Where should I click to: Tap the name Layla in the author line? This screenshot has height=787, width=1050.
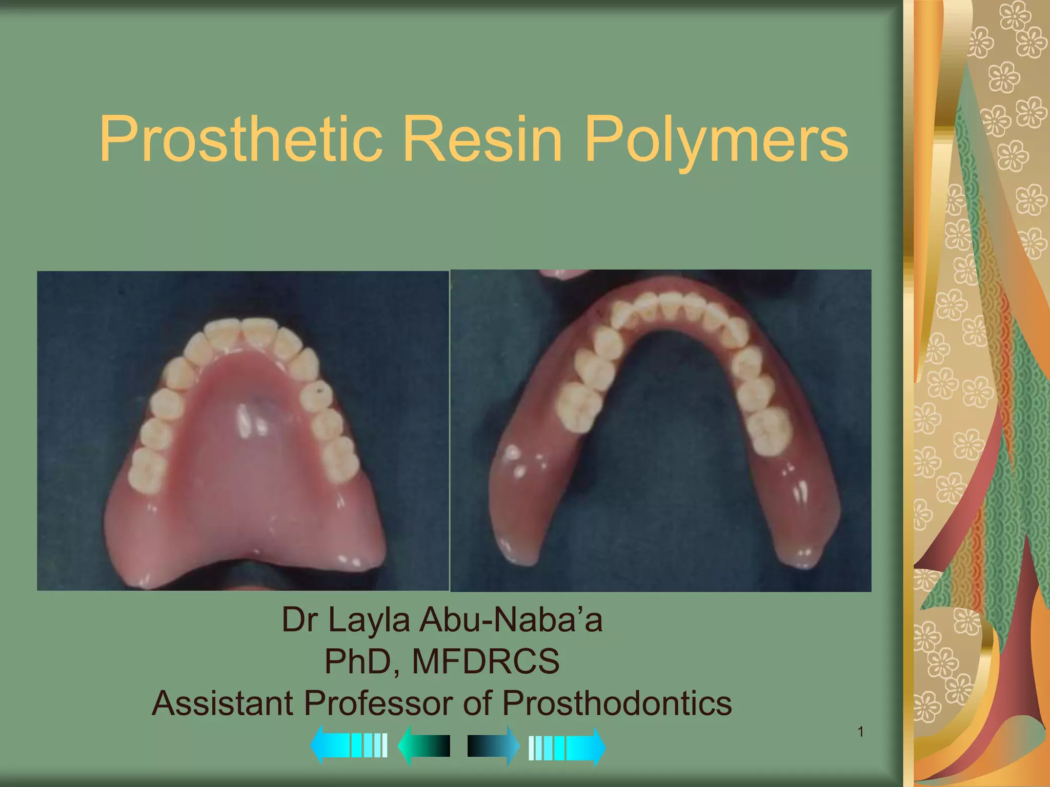point(369,620)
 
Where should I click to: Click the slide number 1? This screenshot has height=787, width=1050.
point(861,732)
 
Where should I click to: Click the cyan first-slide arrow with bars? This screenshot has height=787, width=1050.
point(349,745)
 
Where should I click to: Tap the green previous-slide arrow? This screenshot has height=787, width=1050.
point(424,746)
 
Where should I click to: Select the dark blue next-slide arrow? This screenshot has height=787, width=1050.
point(493,746)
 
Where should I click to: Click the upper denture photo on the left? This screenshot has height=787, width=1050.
point(243,430)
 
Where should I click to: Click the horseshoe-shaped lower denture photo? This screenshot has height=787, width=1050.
point(660,430)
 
